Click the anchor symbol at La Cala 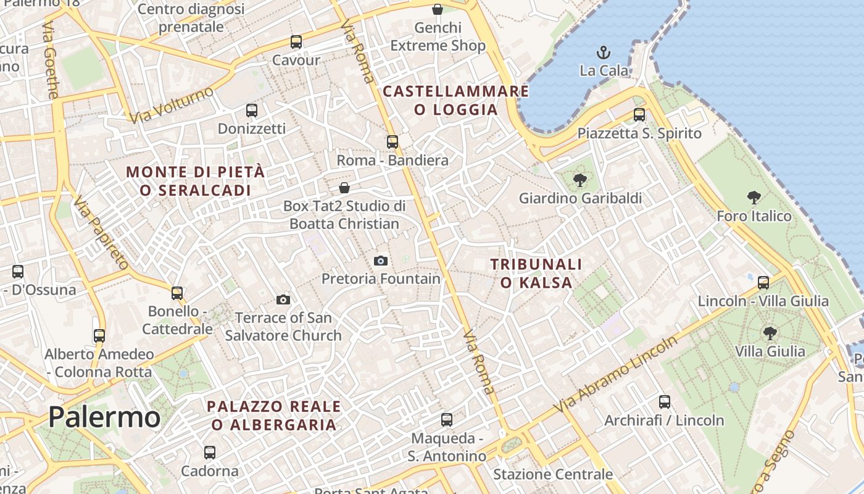click(x=603, y=52)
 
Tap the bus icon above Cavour click(x=296, y=42)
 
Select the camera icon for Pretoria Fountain click(x=381, y=261)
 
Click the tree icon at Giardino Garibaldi click(x=579, y=180)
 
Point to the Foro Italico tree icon click(x=754, y=198)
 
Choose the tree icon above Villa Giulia click(x=770, y=333)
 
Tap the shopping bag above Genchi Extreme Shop click(x=438, y=9)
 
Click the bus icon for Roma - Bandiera click(x=393, y=142)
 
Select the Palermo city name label click(x=104, y=417)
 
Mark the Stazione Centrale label click(x=553, y=474)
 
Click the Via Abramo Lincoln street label click(x=615, y=375)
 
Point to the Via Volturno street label click(x=172, y=105)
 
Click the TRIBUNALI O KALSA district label click(x=536, y=274)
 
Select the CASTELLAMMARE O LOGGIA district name click(x=456, y=101)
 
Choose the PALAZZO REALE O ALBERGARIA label click(x=274, y=416)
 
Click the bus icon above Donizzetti click(x=252, y=111)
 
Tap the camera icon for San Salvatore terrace click(x=283, y=299)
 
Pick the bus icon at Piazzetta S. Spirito click(x=639, y=115)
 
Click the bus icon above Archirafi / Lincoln click(x=665, y=402)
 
